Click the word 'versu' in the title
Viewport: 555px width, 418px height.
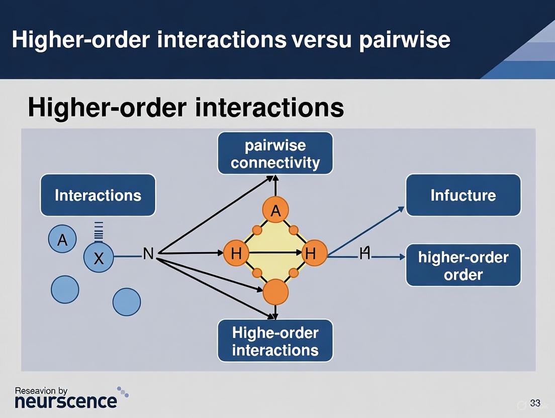pyautogui.click(x=319, y=40)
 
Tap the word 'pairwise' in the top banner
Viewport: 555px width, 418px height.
pyautogui.click(x=404, y=40)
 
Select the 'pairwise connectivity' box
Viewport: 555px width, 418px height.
pyautogui.click(x=275, y=153)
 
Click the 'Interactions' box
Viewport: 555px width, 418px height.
pyautogui.click(x=98, y=195)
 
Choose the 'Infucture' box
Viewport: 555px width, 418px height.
pyautogui.click(x=463, y=195)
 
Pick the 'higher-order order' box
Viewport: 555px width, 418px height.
pyautogui.click(x=463, y=265)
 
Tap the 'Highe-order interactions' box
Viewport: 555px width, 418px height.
pyautogui.click(x=275, y=341)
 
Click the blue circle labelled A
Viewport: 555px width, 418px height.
pyautogui.click(x=62, y=240)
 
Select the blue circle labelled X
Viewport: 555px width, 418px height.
pyautogui.click(x=99, y=258)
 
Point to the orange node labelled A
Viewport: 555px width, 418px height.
pyautogui.click(x=275, y=211)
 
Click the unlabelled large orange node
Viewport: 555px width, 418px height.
pyautogui.click(x=275, y=292)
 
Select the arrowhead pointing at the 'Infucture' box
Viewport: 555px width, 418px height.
pyautogui.click(x=401, y=208)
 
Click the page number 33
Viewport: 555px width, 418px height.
pyautogui.click(x=535, y=403)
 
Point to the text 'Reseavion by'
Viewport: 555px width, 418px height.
pyautogui.click(x=41, y=390)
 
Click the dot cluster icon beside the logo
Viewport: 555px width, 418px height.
pyautogui.click(x=123, y=391)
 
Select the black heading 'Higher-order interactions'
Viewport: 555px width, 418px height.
pyautogui.click(x=186, y=108)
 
